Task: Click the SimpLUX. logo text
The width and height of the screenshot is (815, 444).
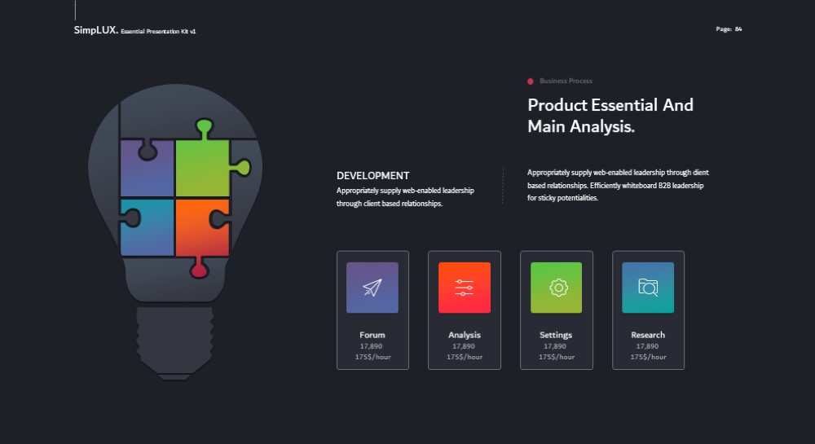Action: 95,30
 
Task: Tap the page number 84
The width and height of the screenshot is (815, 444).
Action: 738,29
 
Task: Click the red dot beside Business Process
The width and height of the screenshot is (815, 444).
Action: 531,81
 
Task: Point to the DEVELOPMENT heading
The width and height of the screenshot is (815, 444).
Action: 372,175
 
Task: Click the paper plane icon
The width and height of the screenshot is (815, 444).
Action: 372,287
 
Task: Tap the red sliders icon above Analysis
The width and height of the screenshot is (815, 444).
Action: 465,287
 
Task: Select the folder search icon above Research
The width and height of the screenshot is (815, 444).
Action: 648,287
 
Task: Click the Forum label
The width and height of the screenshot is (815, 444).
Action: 372,335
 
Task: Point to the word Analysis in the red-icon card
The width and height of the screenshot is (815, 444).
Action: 465,335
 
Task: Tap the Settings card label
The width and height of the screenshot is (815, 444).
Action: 556,335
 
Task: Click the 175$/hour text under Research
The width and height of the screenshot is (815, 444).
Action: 648,357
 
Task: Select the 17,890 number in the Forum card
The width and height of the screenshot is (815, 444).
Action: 371,346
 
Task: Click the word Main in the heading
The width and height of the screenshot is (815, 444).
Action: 546,126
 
